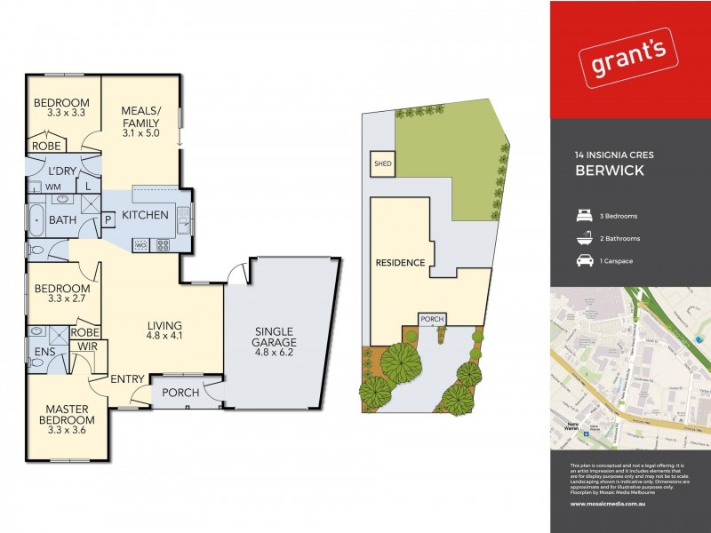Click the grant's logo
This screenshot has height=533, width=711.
pos(630,60)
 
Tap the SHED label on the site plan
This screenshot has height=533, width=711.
pos(382,163)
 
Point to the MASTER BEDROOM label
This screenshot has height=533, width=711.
pos(68,415)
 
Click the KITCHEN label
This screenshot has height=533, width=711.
pos(146,216)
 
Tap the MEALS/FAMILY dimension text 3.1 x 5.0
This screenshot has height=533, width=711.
pos(140,133)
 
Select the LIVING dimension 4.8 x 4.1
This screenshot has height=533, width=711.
pos(165,338)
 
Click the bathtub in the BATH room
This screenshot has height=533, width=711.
pos(36,219)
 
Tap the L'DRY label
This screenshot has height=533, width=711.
pos(61,171)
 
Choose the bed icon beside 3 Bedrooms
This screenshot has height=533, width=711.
pos(583,216)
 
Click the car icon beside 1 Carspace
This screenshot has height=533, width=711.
pos(583,261)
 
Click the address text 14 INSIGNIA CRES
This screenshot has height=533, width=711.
pos(614,155)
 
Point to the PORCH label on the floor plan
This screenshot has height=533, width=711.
pos(180,392)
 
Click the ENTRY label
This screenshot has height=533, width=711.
pos(128,379)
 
